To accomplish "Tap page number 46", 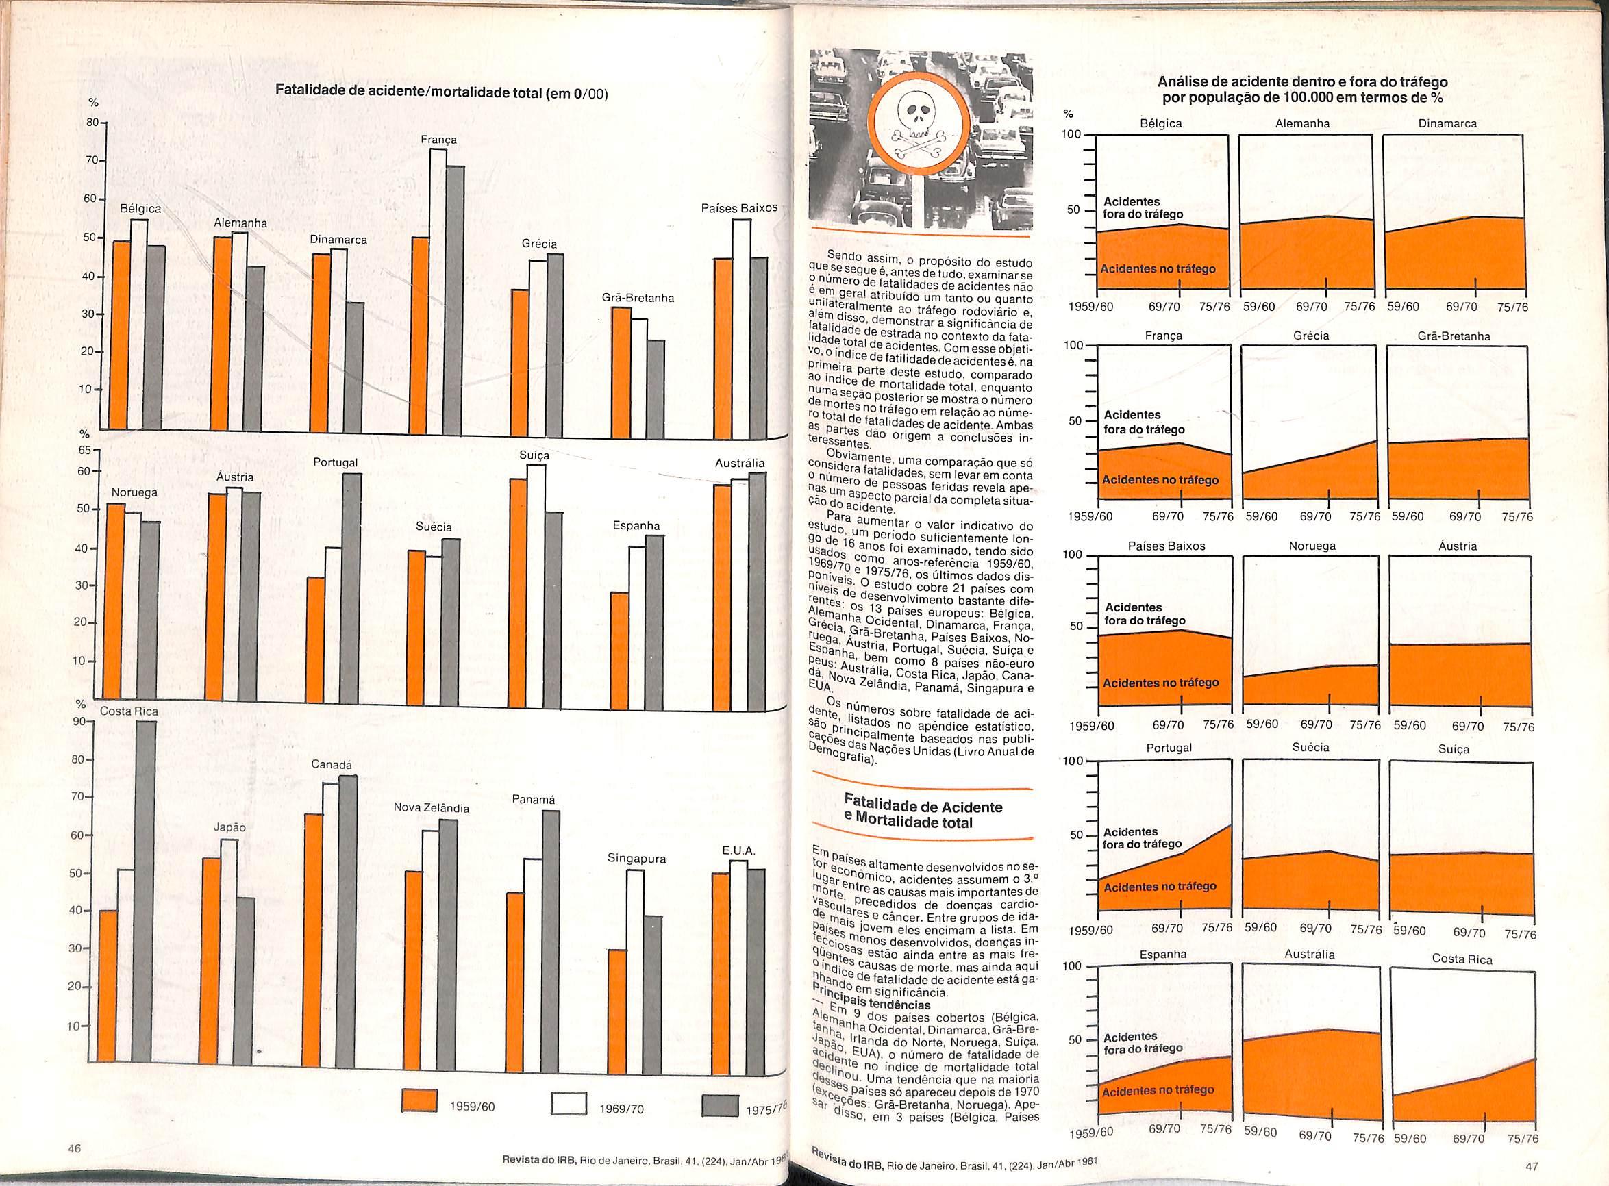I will (74, 1168).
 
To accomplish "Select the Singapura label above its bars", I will (636, 859).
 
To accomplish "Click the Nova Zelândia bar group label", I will (431, 807).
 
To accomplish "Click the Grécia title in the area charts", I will (1311, 336).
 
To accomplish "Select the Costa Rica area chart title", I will (1462, 959).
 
